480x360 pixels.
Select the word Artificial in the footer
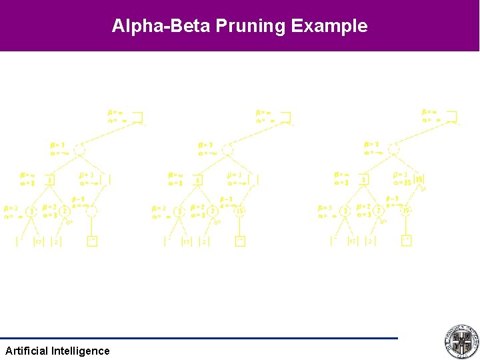coord(27,351)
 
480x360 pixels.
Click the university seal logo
coord(461,342)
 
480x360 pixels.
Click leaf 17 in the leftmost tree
coord(38,241)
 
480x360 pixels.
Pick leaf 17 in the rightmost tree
coord(352,241)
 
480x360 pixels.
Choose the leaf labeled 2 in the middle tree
coord(205,241)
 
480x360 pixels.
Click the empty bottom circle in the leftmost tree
coord(92,211)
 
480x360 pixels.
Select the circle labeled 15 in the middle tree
coord(240,211)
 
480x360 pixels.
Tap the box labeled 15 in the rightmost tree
coord(419,180)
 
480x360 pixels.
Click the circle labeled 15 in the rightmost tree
coord(406,211)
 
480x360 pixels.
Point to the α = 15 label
coord(402,183)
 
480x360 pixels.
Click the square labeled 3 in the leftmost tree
coord(50,180)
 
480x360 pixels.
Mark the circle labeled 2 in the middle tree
coord(213,211)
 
